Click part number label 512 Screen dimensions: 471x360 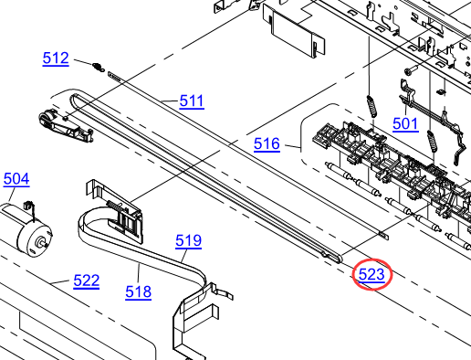point(56,58)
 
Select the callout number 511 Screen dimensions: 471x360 point(192,101)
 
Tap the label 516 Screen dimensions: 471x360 point(267,143)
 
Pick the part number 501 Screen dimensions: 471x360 point(405,124)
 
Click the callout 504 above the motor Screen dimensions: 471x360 point(16,179)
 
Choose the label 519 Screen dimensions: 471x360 point(188,240)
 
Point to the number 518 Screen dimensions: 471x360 point(139,291)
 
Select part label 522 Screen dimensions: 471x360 point(87,281)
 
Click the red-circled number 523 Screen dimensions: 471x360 point(372,275)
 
